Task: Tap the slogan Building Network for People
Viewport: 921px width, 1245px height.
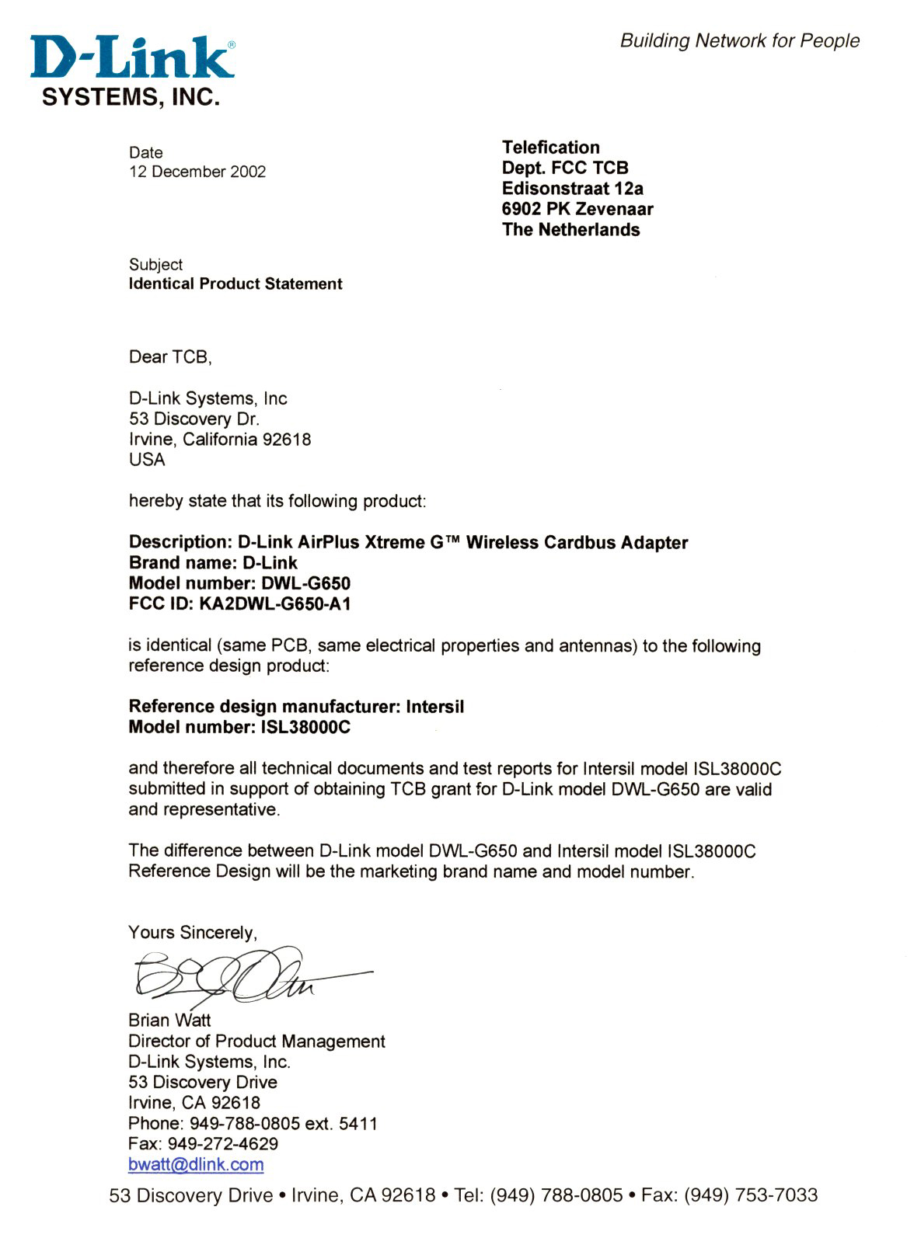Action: pyautogui.click(x=739, y=40)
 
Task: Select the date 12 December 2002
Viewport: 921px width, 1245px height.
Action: pyautogui.click(x=197, y=172)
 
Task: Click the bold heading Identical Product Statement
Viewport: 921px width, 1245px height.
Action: pyautogui.click(x=235, y=284)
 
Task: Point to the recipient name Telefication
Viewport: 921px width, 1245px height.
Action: pyautogui.click(x=550, y=148)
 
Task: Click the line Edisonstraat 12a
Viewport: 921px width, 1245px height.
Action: pyautogui.click(x=572, y=189)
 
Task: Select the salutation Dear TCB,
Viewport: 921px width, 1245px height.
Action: pyautogui.click(x=170, y=357)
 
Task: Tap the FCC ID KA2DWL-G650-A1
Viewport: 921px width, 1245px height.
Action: pyautogui.click(x=271, y=604)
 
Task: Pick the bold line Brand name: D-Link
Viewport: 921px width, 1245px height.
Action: pyautogui.click(x=213, y=563)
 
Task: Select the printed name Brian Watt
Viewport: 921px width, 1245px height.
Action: pyautogui.click(x=169, y=1021)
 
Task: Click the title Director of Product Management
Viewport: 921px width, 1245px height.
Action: pyautogui.click(x=256, y=1042)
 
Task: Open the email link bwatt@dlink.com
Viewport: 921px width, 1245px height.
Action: pyautogui.click(x=196, y=1165)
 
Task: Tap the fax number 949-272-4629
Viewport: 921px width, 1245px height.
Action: pyautogui.click(x=222, y=1144)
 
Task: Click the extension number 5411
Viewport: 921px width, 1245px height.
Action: pyautogui.click(x=358, y=1124)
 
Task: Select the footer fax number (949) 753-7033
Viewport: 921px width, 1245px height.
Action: pyautogui.click(x=750, y=1195)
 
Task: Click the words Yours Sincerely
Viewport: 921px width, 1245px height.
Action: pyautogui.click(x=192, y=932)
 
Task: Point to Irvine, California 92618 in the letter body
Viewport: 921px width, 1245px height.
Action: pyautogui.click(x=220, y=440)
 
